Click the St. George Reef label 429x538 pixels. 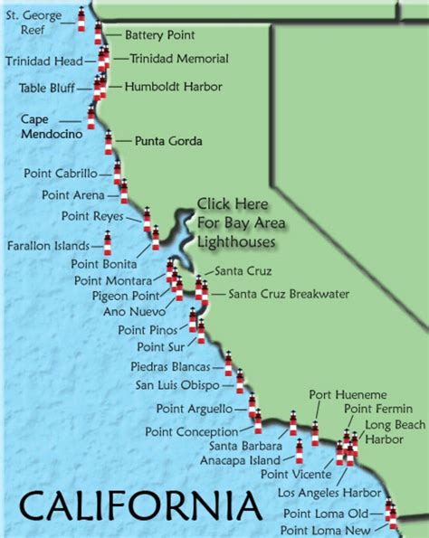(x=36, y=23)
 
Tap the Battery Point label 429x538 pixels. (x=159, y=35)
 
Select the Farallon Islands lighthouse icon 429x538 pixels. (x=107, y=242)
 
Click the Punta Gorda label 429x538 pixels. (x=167, y=141)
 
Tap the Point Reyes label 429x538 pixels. (x=87, y=215)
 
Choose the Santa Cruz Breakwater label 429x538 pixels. (x=282, y=293)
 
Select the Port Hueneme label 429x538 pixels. (x=335, y=395)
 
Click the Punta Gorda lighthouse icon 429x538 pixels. (x=110, y=142)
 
